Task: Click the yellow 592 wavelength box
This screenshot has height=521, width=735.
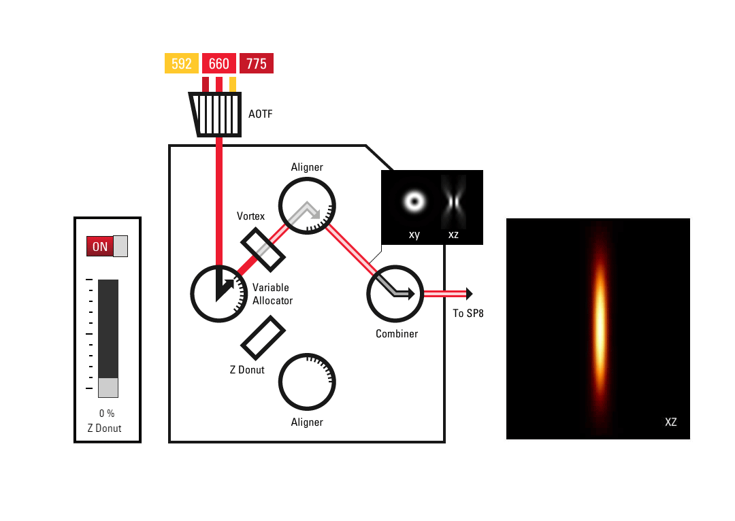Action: (182, 63)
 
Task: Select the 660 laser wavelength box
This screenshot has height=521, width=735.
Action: (219, 63)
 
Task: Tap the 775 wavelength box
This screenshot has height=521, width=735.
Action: (257, 63)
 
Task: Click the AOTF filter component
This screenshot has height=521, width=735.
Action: (216, 114)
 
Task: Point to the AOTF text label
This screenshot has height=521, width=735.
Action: (261, 114)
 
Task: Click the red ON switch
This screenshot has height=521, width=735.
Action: (100, 246)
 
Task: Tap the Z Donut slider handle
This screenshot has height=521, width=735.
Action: (108, 388)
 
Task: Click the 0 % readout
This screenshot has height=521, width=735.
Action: (107, 414)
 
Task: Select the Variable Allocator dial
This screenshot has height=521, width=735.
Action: (219, 294)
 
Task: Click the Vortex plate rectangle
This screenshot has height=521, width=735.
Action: (263, 248)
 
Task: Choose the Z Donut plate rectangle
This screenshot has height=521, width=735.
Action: (263, 337)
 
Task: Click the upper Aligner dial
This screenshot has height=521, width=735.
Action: (307, 205)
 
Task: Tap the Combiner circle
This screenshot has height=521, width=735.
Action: (395, 294)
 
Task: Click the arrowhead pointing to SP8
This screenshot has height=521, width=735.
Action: (468, 294)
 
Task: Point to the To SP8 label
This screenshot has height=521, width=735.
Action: (468, 314)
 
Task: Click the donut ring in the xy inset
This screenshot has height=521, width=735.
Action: (414, 201)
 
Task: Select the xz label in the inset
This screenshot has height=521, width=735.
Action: (453, 235)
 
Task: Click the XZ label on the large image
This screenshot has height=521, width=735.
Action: (670, 422)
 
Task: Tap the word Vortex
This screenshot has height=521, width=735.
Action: (250, 216)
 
